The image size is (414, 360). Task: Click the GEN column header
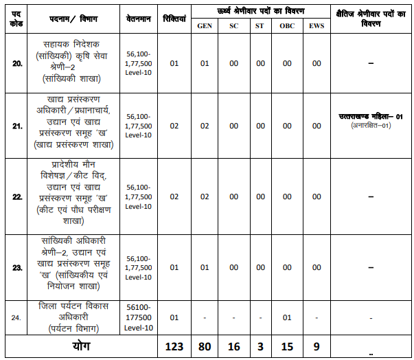(204, 25)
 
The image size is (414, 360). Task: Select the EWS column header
(316, 25)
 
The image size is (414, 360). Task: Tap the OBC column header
(287, 25)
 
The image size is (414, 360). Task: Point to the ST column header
(260, 25)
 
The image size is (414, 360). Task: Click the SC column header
(233, 25)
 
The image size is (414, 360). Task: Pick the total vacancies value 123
(174, 346)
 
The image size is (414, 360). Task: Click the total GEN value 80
(204, 346)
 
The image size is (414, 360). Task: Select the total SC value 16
(233, 346)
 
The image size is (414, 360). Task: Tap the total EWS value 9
(316, 346)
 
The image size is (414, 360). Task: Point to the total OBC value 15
(287, 346)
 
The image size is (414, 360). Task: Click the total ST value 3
(260, 346)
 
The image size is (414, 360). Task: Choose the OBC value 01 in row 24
(287, 317)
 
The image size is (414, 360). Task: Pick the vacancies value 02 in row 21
(174, 126)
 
